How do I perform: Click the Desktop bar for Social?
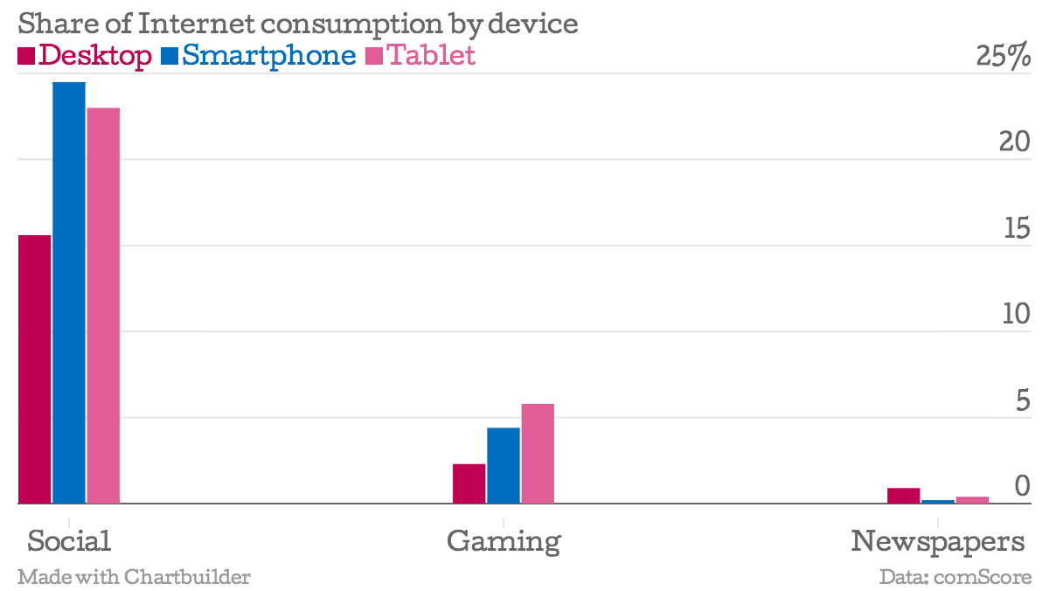(x=35, y=369)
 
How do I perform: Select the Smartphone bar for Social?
(x=69, y=293)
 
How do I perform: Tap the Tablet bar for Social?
(x=103, y=306)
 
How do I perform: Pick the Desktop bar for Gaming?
(x=469, y=483)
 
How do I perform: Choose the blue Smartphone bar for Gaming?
(x=504, y=465)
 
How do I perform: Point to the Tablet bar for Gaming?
(x=538, y=454)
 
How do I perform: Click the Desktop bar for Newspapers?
(x=904, y=496)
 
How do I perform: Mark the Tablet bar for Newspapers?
(x=972, y=500)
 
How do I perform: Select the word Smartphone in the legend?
(x=269, y=55)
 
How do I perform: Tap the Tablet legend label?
(x=431, y=55)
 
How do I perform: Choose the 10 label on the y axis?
(x=1017, y=314)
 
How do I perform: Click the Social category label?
(x=69, y=540)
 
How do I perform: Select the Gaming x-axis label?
(x=504, y=541)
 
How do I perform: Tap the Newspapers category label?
(x=938, y=541)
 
